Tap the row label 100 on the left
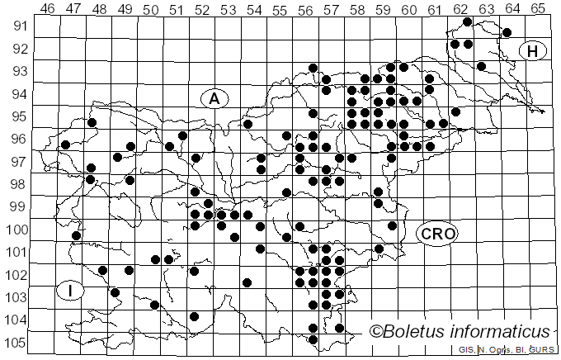(17, 230)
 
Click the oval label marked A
(214, 99)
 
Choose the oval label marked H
(533, 51)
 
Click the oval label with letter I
(72, 291)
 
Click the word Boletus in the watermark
(417, 332)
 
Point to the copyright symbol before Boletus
(377, 332)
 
